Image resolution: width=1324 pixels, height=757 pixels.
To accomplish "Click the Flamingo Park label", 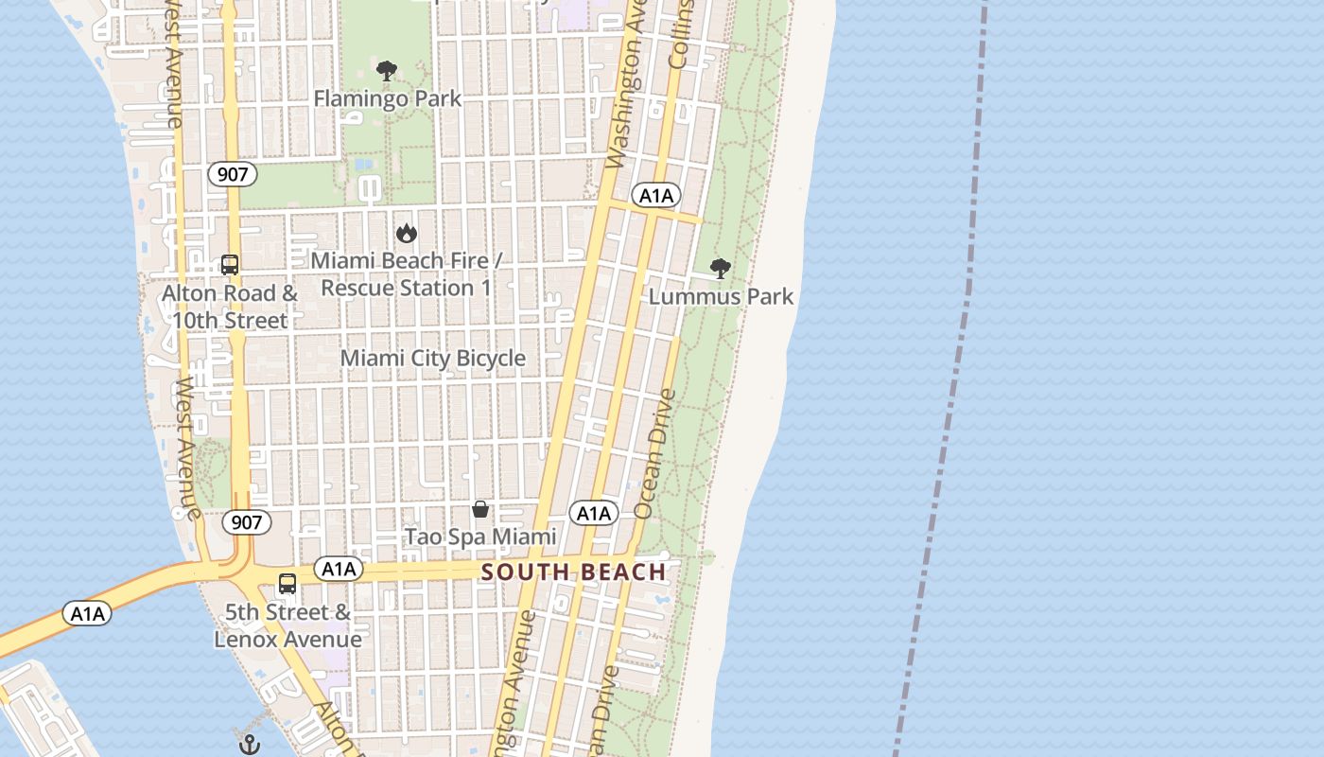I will [387, 98].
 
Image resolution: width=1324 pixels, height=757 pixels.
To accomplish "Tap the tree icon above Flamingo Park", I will [387, 71].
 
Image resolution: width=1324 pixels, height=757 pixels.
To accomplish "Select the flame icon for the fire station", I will [407, 233].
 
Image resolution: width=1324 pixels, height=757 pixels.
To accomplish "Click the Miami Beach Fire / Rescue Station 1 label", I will [407, 273].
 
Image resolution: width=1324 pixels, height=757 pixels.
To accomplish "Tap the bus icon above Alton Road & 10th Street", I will [230, 265].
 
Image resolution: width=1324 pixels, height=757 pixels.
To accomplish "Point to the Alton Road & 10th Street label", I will [230, 307].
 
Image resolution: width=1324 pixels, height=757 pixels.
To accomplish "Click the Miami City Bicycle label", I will [432, 358].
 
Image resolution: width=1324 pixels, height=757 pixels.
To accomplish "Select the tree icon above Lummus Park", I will [721, 269].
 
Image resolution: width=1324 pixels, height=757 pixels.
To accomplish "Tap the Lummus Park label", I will [721, 296].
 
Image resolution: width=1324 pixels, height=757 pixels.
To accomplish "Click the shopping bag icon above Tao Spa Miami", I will [480, 509].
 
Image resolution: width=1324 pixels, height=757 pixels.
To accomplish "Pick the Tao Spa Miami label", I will [480, 537].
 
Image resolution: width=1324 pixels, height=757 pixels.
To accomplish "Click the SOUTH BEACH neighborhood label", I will [574, 572].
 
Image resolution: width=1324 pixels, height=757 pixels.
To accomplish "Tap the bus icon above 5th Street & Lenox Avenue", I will [287, 584].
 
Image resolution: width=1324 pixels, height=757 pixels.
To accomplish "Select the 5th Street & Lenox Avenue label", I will [287, 625].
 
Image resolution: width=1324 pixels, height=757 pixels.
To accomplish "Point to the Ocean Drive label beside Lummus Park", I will [655, 453].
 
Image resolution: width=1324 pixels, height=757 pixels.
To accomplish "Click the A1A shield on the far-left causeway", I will [87, 613].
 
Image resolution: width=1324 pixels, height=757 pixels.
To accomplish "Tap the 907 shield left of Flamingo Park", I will [233, 174].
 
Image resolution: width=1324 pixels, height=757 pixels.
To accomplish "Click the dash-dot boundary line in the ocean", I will [955, 378].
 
